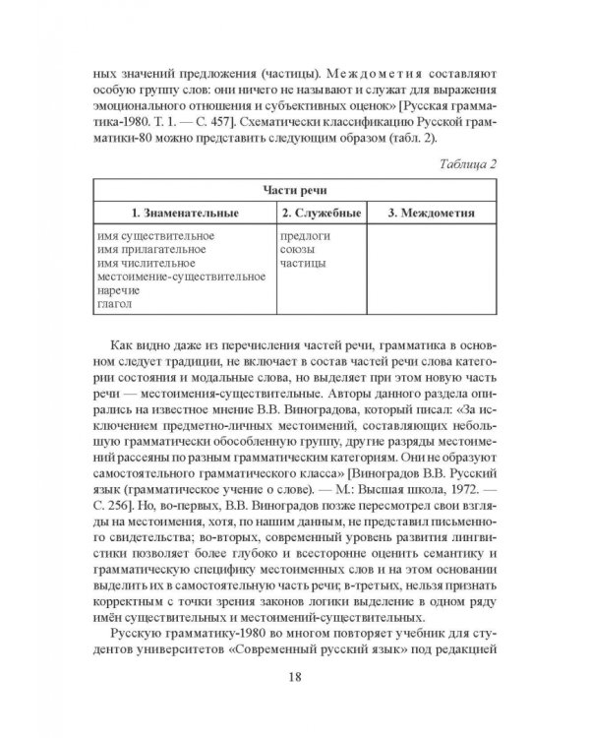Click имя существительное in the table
click(156, 237)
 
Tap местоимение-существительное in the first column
click(182, 278)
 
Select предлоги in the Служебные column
click(305, 237)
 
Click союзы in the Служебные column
click(298, 251)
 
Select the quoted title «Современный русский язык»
click(324, 655)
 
